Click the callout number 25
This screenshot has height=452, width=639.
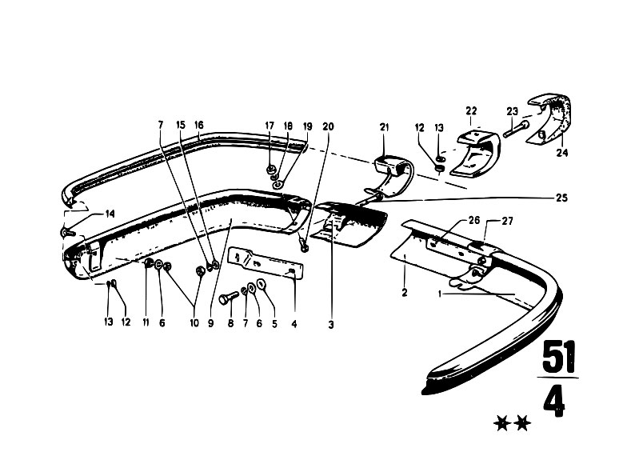pos(562,198)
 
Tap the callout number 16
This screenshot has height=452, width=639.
pos(198,125)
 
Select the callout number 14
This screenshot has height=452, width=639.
pos(110,214)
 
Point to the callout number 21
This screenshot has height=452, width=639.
pos(385,127)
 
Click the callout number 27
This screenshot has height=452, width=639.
pos(508,222)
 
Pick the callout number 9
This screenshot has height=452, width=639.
pos(210,324)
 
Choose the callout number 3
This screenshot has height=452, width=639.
pos(331,325)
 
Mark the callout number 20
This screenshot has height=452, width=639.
pos(328,126)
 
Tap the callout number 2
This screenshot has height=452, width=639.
pos(404,292)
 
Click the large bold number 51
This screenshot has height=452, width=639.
pos(560,358)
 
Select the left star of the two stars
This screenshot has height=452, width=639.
pos(502,423)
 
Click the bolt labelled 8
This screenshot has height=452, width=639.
pos(229,299)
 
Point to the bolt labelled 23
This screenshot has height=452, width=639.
pos(516,129)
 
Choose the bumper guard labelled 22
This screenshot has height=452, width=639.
pos(475,154)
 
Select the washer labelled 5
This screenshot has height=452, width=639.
pos(261,284)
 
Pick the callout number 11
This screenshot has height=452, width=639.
pos(146,322)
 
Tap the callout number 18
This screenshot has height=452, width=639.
pos(288,126)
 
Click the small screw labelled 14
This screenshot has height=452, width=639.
pos(67,233)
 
